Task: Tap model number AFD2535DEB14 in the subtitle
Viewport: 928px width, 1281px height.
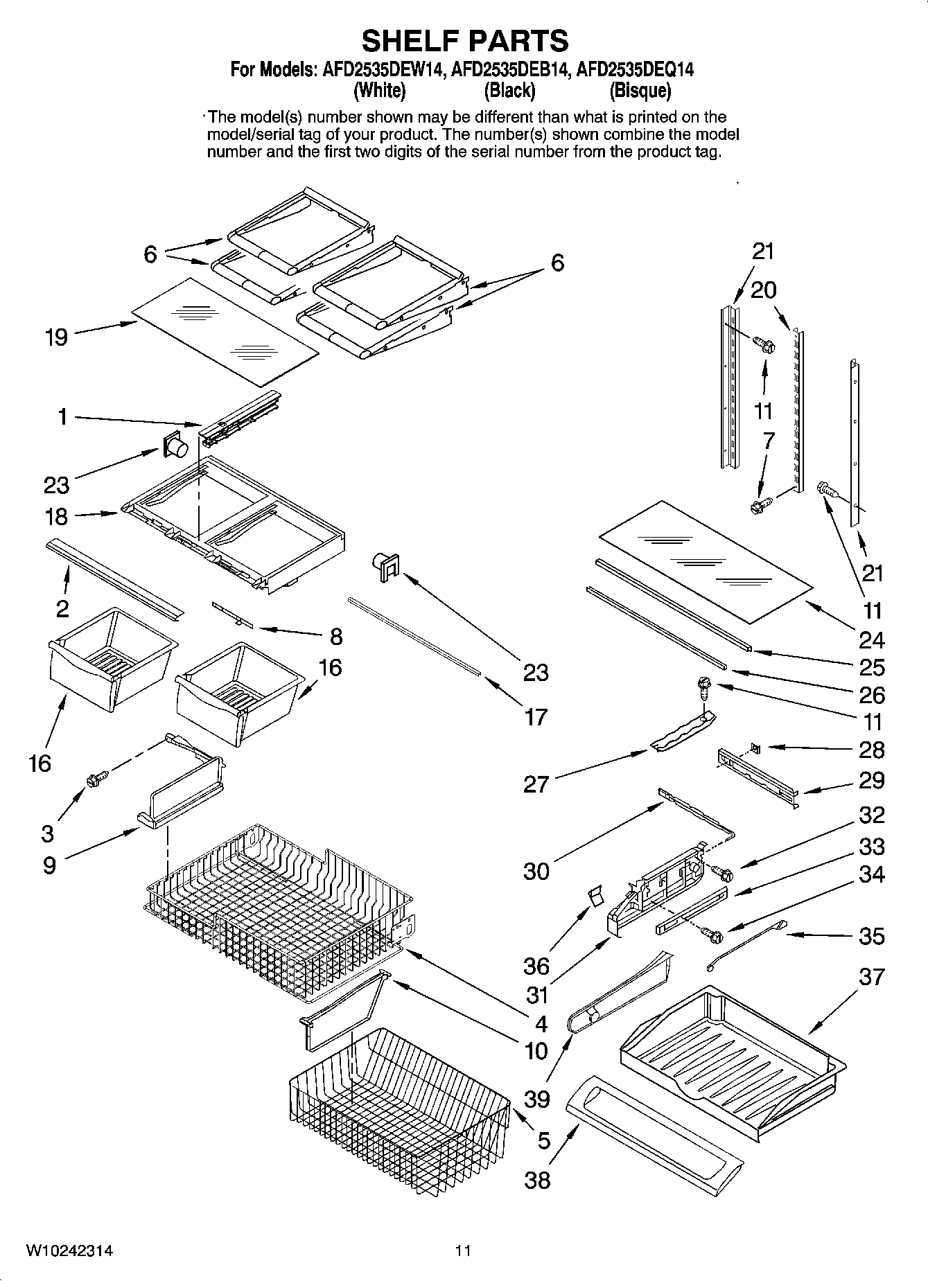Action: pyautogui.click(x=511, y=69)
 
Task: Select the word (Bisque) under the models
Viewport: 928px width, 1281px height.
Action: pyautogui.click(x=640, y=90)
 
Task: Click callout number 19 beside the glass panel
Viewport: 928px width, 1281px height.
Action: pyautogui.click(x=56, y=337)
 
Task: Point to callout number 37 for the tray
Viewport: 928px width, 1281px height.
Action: pyautogui.click(x=871, y=977)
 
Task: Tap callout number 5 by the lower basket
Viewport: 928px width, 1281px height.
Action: pyautogui.click(x=544, y=1140)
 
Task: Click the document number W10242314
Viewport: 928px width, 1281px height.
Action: pyautogui.click(x=69, y=1251)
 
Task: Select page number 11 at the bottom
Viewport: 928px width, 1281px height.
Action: pyautogui.click(x=463, y=1251)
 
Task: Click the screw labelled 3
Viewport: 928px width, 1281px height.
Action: pyautogui.click(x=94, y=779)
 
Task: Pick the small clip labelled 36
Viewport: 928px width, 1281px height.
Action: pyautogui.click(x=593, y=896)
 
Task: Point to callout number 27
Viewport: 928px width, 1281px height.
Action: pyautogui.click(x=536, y=784)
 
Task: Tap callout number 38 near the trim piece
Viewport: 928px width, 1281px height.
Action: pyautogui.click(x=537, y=1179)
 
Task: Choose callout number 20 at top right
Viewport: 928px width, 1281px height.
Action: pyautogui.click(x=764, y=290)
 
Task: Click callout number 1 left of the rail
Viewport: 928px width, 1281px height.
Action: pyautogui.click(x=62, y=417)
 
